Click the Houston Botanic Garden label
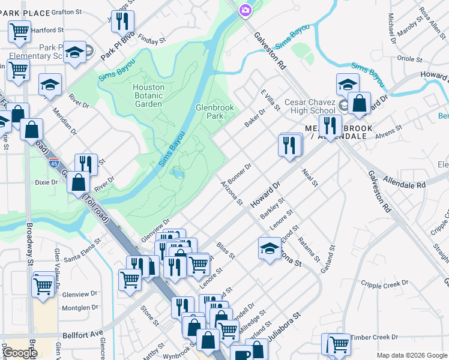pos(148,95)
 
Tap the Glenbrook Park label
pos(214,112)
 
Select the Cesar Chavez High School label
pos(310,106)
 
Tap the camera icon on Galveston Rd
pos(245,10)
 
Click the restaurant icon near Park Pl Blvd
pos(122,22)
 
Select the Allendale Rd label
pos(403,182)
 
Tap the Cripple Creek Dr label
pos(384,283)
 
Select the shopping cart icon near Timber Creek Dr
pos(339,344)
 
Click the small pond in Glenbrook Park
pos(177,173)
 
